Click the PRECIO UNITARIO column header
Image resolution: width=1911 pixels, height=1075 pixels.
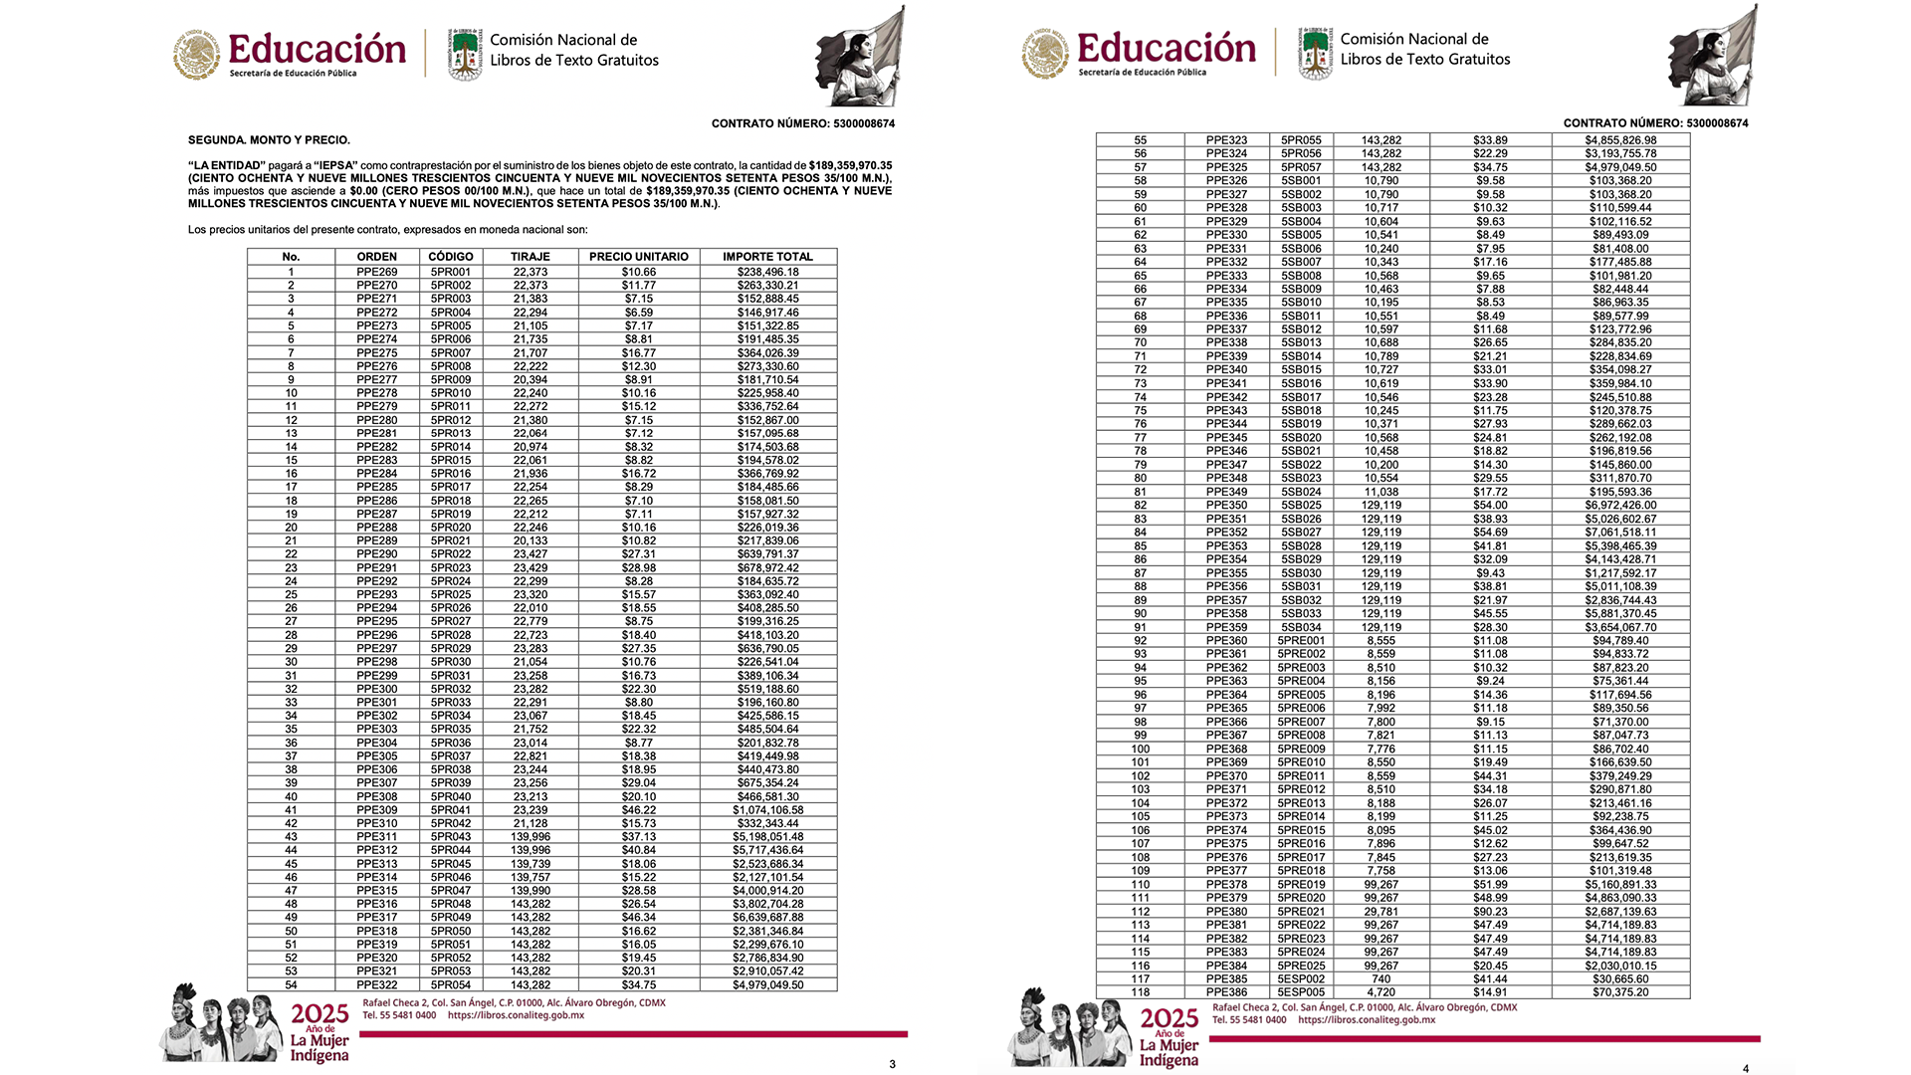(x=638, y=257)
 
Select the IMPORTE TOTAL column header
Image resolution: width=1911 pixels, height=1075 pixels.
(x=767, y=257)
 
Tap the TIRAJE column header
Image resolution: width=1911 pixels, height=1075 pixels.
(x=531, y=257)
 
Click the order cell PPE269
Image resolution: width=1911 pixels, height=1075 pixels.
(x=376, y=272)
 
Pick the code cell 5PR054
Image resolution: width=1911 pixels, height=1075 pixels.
(x=451, y=985)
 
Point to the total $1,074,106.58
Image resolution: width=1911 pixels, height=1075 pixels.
(x=767, y=810)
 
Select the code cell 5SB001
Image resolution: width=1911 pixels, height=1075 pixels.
(x=1301, y=181)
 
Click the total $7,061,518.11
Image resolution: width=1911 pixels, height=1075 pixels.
(x=1620, y=533)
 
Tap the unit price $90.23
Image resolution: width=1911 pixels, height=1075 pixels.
(x=1490, y=912)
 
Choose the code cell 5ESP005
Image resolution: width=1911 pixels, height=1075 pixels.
(x=1301, y=992)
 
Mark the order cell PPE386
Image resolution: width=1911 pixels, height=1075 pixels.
(x=1226, y=992)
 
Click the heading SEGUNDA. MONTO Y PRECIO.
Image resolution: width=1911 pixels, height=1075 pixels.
(x=269, y=140)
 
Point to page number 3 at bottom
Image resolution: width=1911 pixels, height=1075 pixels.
(x=892, y=1064)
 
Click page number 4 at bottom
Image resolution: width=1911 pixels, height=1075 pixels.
(x=1745, y=1069)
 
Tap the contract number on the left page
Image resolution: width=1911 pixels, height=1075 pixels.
(x=802, y=123)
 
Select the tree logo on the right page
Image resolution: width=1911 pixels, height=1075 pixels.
(x=1315, y=54)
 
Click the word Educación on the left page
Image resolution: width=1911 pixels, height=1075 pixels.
(x=317, y=49)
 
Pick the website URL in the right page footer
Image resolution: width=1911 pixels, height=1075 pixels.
(x=1367, y=1020)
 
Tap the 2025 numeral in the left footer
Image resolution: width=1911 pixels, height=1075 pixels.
(x=319, y=1014)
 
